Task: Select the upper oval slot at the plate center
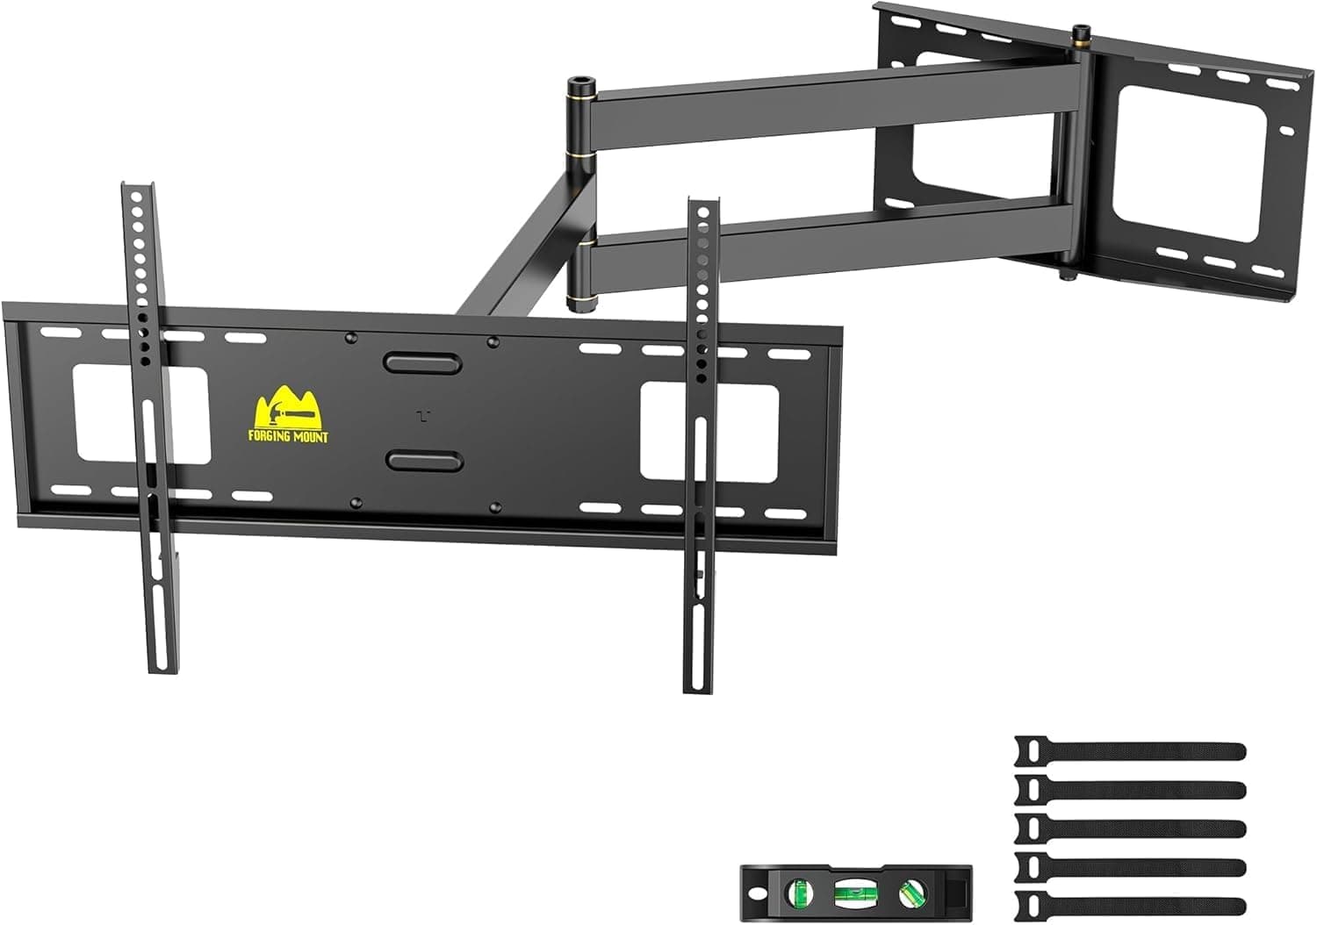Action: [423, 362]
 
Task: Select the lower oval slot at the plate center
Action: [424, 461]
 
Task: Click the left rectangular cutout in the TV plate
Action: [140, 414]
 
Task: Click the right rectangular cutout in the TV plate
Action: [709, 431]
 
